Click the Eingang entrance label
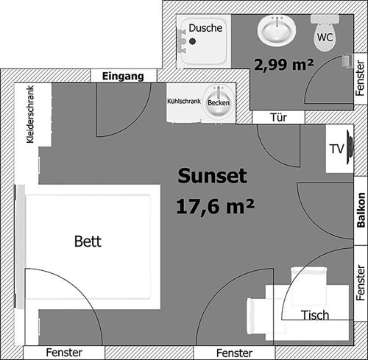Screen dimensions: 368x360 (x=123, y=77)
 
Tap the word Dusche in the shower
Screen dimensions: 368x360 (x=205, y=28)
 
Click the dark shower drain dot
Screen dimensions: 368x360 (x=193, y=41)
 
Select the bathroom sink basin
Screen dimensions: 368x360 (x=277, y=31)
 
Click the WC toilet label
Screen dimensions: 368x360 (x=325, y=38)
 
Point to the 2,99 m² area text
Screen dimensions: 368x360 (x=284, y=65)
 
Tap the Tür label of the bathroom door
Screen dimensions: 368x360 (x=279, y=118)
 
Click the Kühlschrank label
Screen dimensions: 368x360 (x=184, y=101)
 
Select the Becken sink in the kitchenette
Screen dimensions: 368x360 (x=219, y=103)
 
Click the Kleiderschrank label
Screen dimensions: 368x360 (x=30, y=114)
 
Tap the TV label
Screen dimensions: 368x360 (x=337, y=149)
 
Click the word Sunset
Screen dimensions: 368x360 (x=213, y=176)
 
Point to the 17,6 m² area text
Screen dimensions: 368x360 (x=215, y=207)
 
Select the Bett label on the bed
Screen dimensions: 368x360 (x=88, y=241)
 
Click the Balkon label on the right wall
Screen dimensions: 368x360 (x=361, y=210)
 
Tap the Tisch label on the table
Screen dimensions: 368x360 (x=315, y=315)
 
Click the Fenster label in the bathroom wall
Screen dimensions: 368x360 (x=360, y=78)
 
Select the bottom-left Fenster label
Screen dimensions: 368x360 (x=64, y=353)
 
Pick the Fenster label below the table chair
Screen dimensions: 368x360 (x=234, y=353)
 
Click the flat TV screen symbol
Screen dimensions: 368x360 (x=350, y=148)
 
